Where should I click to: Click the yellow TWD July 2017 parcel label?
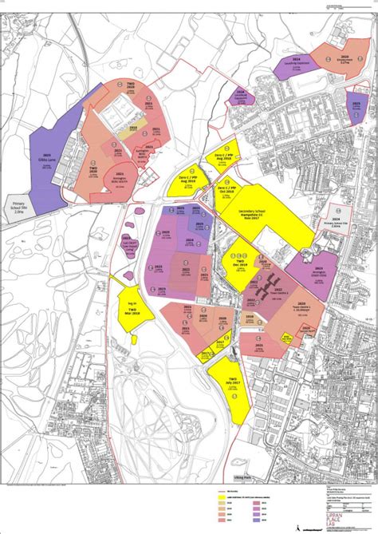pos(233,381)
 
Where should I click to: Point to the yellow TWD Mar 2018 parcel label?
pos(133,309)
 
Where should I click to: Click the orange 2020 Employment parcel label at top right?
pos(341,59)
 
